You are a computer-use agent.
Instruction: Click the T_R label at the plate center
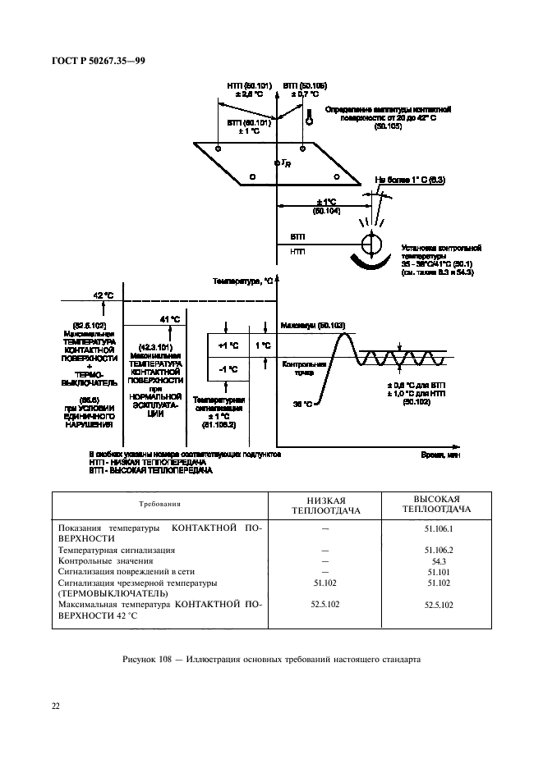(x=285, y=164)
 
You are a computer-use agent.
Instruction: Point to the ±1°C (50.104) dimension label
(x=326, y=206)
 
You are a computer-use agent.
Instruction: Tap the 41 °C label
(x=169, y=319)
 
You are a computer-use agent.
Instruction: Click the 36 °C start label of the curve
(x=303, y=403)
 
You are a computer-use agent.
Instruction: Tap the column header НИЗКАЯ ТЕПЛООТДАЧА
(x=324, y=505)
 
